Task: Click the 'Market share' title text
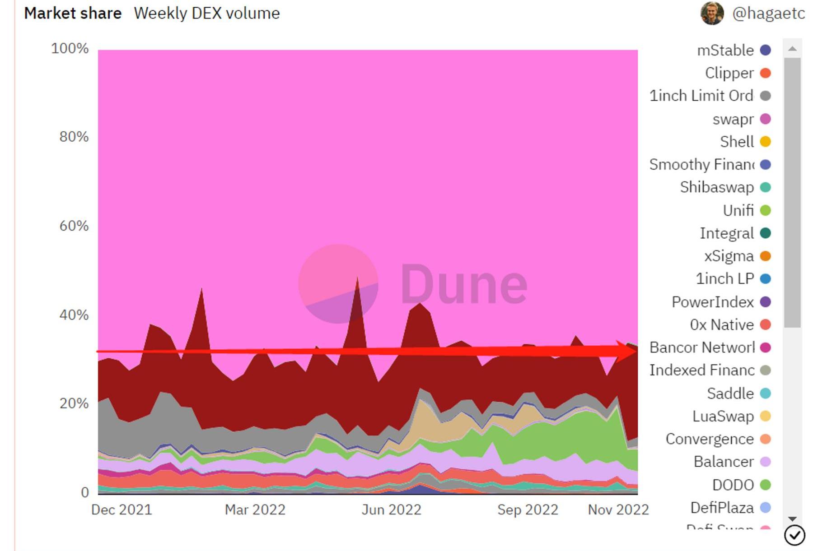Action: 73,14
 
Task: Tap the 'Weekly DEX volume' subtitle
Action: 206,14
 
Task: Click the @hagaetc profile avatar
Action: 712,14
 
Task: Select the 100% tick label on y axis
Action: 70,48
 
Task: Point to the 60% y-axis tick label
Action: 74,226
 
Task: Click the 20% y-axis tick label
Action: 74,403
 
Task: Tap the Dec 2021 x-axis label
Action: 121,509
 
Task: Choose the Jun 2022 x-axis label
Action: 391,509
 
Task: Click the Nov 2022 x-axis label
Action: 618,509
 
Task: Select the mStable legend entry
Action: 725,50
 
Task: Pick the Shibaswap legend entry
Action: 717,187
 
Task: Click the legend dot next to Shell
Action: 765,142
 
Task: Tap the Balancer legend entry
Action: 724,462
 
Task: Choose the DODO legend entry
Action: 733,485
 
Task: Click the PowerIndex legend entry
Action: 712,302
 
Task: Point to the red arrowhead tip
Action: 636,352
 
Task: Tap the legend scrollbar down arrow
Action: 792,519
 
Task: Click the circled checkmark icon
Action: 794,536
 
